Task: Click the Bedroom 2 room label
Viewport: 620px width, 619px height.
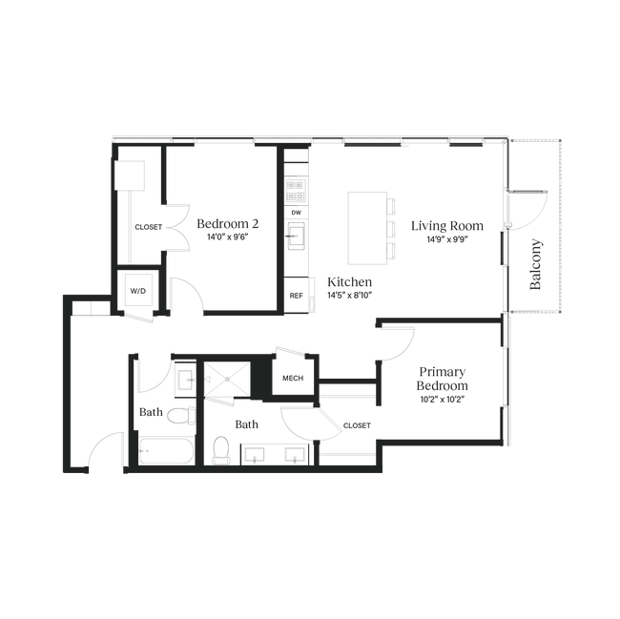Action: (228, 224)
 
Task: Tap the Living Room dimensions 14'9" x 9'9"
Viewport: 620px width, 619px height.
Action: (447, 239)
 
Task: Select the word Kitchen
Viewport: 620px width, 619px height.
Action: (349, 281)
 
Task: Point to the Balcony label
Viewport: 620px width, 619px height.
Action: (535, 264)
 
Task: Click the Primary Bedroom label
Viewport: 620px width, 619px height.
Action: (442, 379)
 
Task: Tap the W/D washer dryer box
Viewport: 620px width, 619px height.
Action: (138, 291)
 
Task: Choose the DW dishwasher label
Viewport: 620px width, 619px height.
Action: (296, 213)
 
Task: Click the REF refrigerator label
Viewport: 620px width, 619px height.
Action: (296, 296)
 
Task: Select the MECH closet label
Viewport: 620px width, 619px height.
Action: (293, 379)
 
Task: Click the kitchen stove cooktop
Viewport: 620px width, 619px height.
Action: (296, 191)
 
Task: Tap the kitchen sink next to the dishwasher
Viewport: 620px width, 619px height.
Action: (296, 236)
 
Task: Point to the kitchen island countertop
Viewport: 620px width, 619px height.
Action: (367, 228)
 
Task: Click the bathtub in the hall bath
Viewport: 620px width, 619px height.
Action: (166, 450)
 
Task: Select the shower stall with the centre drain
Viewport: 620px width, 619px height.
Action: (227, 379)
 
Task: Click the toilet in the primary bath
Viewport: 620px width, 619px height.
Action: (220, 450)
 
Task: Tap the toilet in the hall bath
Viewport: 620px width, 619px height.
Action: (181, 416)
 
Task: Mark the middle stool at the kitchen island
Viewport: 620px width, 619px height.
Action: (391, 228)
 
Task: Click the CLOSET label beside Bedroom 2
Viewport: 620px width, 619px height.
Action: (148, 227)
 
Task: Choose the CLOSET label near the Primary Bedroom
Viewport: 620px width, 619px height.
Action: (357, 425)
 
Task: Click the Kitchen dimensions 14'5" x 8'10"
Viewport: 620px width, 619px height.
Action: (350, 296)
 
